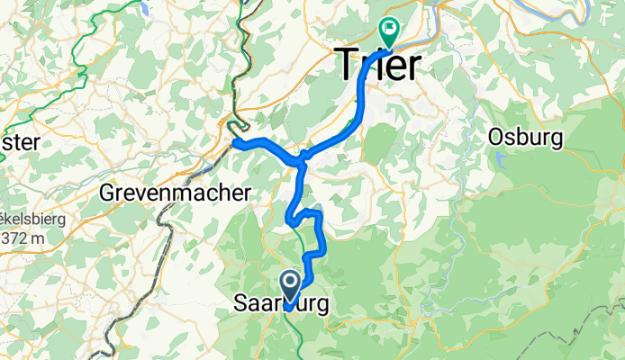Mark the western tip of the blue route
coord(233,142)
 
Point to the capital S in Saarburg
coord(240,303)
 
